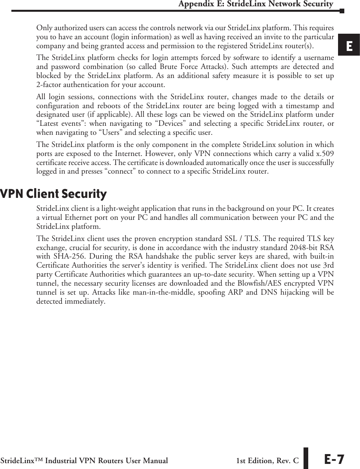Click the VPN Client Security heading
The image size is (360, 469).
(53, 194)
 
